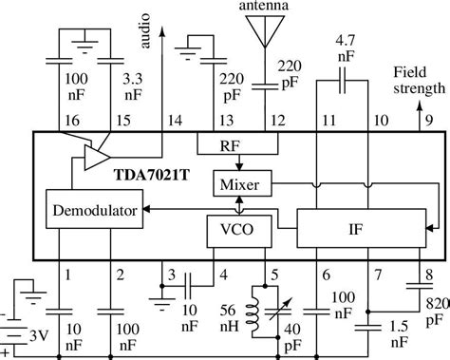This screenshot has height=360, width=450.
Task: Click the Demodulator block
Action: (x=93, y=209)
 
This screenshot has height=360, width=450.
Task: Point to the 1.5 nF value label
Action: (x=400, y=334)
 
